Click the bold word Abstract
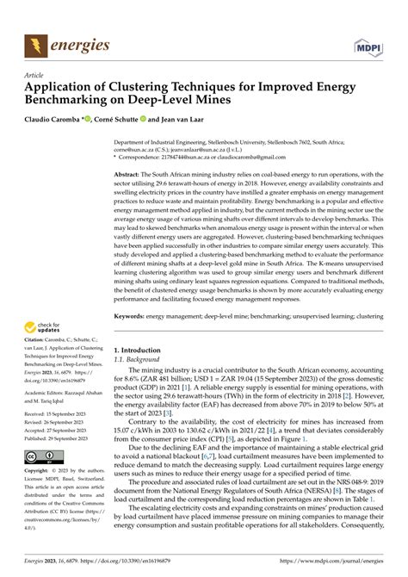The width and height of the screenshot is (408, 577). tap(130, 174)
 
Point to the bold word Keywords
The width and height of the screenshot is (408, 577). tap(133, 316)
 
